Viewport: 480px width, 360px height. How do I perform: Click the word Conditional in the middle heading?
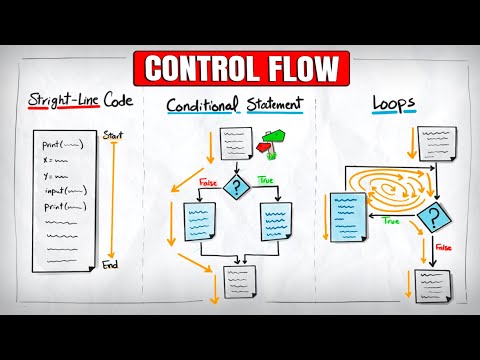[x=203, y=106]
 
